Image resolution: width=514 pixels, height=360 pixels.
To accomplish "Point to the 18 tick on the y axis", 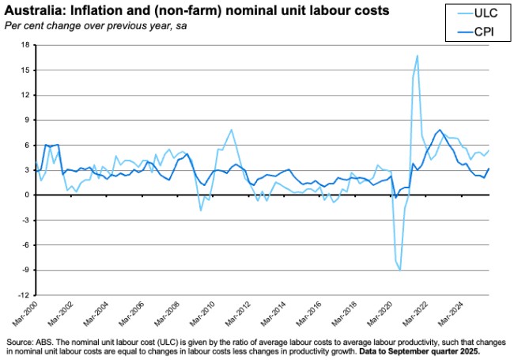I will click(x=24, y=46).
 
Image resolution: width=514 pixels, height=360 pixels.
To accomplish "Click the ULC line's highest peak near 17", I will click(x=417, y=56).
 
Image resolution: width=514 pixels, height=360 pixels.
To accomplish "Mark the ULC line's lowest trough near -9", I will click(x=400, y=270).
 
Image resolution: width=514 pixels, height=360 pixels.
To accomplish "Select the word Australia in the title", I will click(x=31, y=11).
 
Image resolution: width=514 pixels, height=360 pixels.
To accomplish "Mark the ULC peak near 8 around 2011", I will click(x=231, y=130).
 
